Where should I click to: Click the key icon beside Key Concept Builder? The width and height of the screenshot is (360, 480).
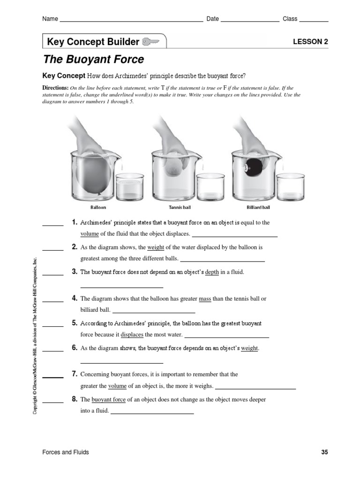150,42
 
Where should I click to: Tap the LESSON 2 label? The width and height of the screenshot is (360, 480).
310,42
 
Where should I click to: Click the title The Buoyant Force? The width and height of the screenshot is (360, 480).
93,60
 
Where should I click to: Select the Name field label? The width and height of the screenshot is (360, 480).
50,19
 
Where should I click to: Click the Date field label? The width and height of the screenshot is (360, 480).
213,19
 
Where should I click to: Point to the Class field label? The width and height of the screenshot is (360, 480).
290,19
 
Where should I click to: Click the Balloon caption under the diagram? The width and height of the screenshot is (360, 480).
98,207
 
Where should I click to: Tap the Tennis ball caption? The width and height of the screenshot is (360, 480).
180,207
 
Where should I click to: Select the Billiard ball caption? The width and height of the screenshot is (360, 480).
258,207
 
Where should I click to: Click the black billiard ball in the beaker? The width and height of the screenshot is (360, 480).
255,167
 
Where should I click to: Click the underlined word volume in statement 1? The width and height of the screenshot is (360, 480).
89,233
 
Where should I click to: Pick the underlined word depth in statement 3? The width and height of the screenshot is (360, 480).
212,272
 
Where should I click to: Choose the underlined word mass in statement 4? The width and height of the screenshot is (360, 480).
205,298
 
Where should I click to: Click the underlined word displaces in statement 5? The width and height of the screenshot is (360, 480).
132,335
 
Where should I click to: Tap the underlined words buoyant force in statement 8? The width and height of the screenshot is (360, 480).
108,399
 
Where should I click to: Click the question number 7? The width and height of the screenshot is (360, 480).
74,374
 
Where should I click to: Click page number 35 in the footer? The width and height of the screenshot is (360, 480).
324,452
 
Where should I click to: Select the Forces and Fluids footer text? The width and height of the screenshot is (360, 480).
66,452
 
